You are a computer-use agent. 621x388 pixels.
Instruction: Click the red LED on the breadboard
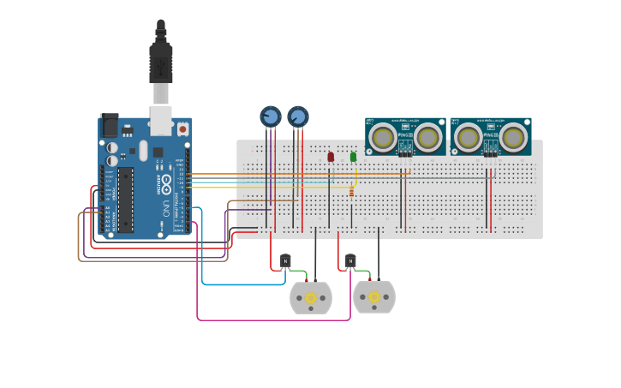tap(331, 157)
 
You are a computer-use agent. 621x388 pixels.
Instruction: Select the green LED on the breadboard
tap(353, 157)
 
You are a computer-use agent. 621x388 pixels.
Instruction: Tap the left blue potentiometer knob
tap(270, 116)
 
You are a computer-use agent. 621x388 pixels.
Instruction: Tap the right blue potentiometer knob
tap(297, 116)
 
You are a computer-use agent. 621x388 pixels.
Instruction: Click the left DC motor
tap(311, 297)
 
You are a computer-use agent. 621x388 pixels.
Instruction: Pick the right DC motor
tap(374, 297)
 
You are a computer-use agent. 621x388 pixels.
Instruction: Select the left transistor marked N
tap(286, 260)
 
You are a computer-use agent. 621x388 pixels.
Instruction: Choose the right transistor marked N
tap(350, 260)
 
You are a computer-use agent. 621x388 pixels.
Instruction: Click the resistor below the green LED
tap(351, 194)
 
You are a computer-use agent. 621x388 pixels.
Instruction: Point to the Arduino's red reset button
tap(182, 128)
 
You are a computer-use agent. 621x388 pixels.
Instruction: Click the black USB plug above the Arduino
tap(161, 60)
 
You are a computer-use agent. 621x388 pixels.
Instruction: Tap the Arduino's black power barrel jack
tap(110, 126)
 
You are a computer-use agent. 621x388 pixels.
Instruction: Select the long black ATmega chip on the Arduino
tap(126, 200)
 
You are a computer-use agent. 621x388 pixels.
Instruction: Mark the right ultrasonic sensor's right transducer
tap(513, 136)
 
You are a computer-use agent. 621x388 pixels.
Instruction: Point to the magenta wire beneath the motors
tap(274, 320)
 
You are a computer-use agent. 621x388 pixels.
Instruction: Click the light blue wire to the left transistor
tap(203, 257)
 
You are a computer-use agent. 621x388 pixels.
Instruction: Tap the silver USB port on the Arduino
tap(161, 121)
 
